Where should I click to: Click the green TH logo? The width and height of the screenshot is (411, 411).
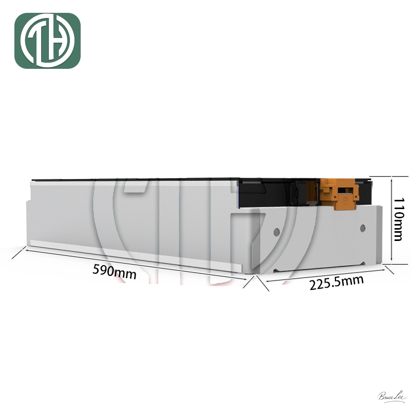[x=47, y=41]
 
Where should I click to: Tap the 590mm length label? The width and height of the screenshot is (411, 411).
[x=115, y=271]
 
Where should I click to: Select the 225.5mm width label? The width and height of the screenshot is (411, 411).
[x=337, y=282]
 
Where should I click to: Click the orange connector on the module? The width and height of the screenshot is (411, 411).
[x=338, y=192]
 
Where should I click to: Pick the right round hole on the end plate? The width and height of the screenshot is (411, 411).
[x=363, y=227]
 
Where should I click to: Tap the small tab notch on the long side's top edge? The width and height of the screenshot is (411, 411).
[x=136, y=186]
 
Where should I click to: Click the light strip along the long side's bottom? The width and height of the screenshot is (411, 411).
[x=134, y=255]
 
